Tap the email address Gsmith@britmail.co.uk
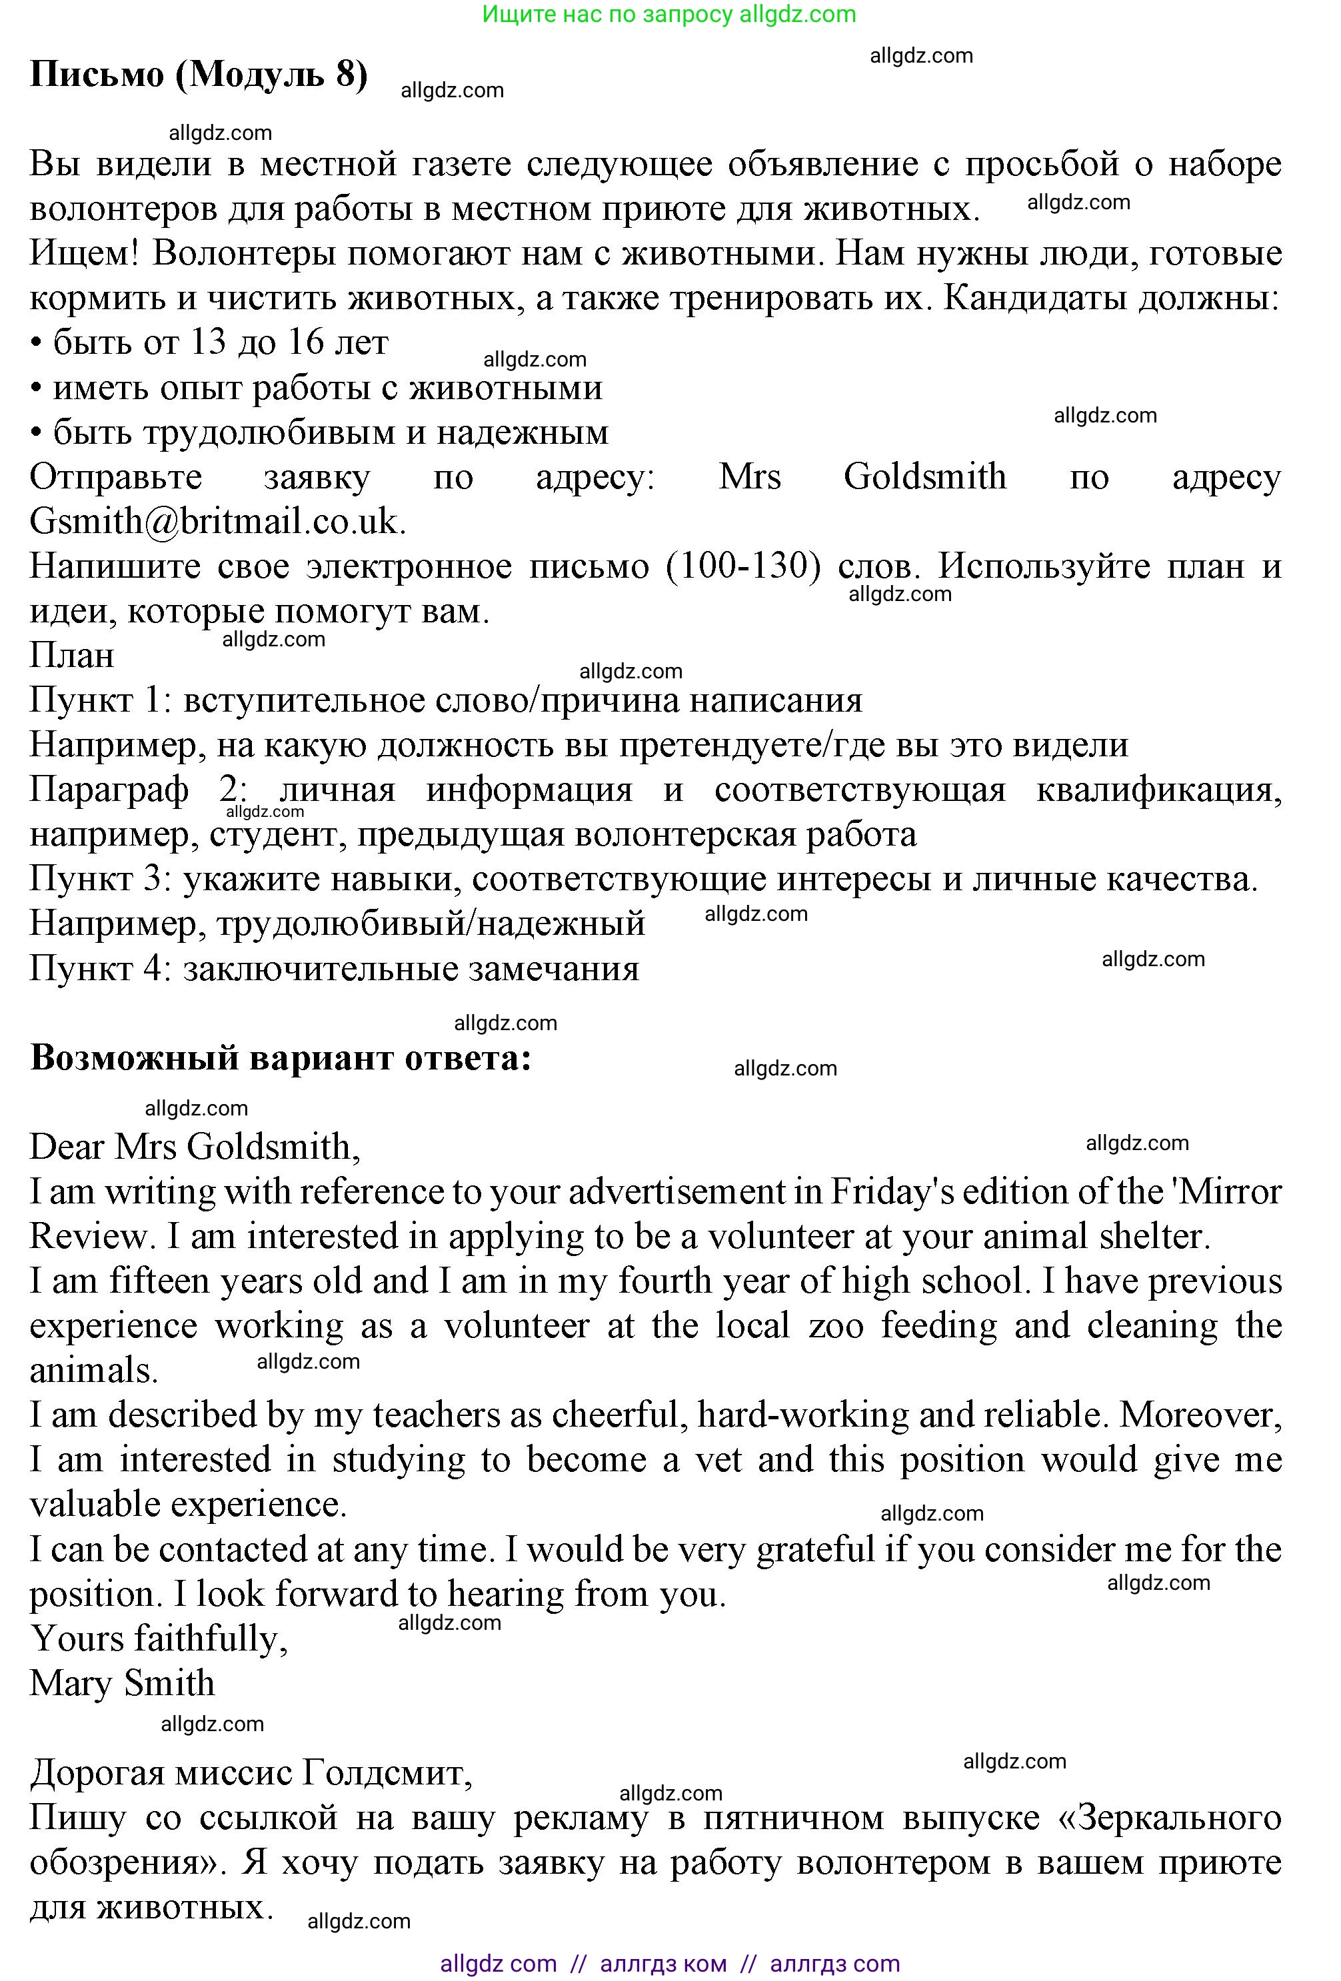coord(217,521)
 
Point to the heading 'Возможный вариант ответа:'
coord(281,1058)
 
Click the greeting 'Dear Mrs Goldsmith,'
coord(195,1147)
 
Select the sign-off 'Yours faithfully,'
coord(159,1639)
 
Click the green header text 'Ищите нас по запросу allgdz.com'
coord(669,15)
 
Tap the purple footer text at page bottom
coord(669,1964)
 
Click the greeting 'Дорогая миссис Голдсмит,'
coord(251,1774)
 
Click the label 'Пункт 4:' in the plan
coord(101,968)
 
